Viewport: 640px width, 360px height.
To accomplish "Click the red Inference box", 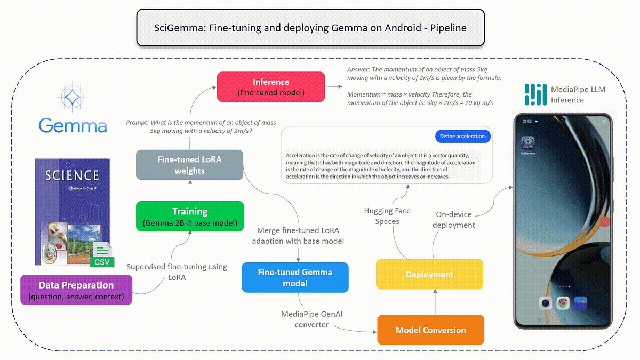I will click(x=271, y=87).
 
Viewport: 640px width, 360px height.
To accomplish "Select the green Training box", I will click(x=190, y=216).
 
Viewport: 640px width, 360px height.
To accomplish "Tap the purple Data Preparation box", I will click(x=76, y=290).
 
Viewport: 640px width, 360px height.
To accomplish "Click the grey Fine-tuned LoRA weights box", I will click(x=190, y=165).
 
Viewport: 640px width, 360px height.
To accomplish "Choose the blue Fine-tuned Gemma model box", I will click(x=295, y=277).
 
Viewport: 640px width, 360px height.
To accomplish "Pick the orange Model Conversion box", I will click(x=430, y=330).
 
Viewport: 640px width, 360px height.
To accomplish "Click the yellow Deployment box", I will click(x=429, y=274).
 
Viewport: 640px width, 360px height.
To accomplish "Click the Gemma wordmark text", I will click(x=73, y=126).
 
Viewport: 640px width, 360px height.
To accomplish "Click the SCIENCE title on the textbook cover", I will click(x=72, y=175).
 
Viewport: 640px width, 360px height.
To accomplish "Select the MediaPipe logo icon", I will click(x=535, y=94).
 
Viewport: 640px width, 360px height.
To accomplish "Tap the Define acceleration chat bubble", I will click(x=463, y=136).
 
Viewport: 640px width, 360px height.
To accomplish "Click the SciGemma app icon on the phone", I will click(x=527, y=143).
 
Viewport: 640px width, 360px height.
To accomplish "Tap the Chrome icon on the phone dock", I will click(x=563, y=303).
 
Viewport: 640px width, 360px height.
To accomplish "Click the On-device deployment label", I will click(x=454, y=220).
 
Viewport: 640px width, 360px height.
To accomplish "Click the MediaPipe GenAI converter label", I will click(x=312, y=319).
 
